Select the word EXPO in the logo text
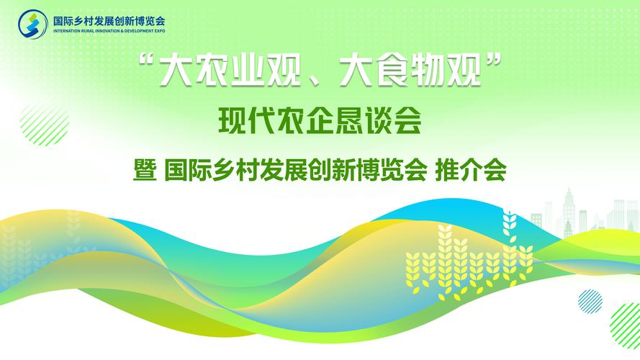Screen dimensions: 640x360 click(160, 31)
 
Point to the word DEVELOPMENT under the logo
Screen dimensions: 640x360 click(141, 31)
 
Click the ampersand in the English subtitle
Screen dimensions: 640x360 click(125, 31)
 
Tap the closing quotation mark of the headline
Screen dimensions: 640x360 click(493, 63)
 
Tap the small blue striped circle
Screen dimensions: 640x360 click(590, 301)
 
